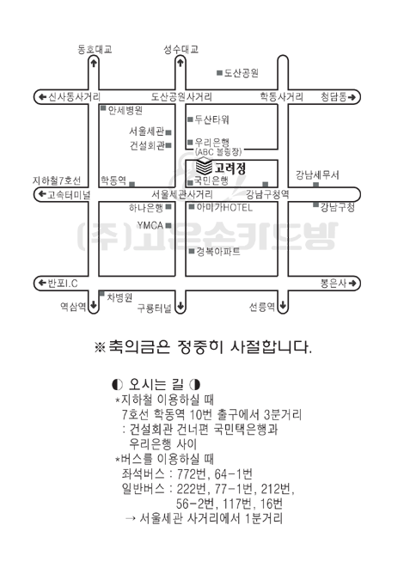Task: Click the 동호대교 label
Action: (95, 49)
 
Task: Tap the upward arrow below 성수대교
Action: (181, 63)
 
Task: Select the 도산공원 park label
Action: (241, 73)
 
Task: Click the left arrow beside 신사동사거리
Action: (42, 97)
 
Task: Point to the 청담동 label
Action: (334, 97)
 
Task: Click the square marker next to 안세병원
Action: (103, 108)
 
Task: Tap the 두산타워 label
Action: (212, 119)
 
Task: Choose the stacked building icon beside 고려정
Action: (204, 167)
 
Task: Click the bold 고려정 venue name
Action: (230, 168)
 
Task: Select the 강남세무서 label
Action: (317, 174)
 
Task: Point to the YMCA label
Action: (150, 225)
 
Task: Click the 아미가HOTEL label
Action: (224, 207)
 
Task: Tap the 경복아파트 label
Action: (218, 252)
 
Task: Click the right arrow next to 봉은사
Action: (352, 284)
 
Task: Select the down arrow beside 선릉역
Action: (283, 306)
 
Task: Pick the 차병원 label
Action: (119, 297)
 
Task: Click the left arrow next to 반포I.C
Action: (42, 284)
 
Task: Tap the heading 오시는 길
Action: (156, 385)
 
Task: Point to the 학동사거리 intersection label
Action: (282, 97)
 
